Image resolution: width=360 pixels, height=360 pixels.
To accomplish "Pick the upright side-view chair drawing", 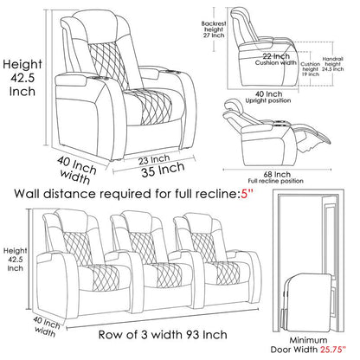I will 264,43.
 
